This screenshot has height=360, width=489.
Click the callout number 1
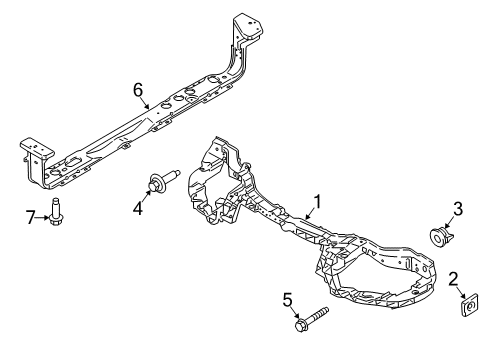click(317, 203)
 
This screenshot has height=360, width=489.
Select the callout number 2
click(452, 278)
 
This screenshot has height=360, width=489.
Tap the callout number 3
click(458, 209)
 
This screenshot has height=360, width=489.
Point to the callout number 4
click(139, 208)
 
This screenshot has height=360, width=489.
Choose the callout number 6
click(139, 90)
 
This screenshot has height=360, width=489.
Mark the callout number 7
click(30, 217)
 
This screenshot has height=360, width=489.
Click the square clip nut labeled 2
click(468, 306)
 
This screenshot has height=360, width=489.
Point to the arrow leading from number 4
click(146, 196)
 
